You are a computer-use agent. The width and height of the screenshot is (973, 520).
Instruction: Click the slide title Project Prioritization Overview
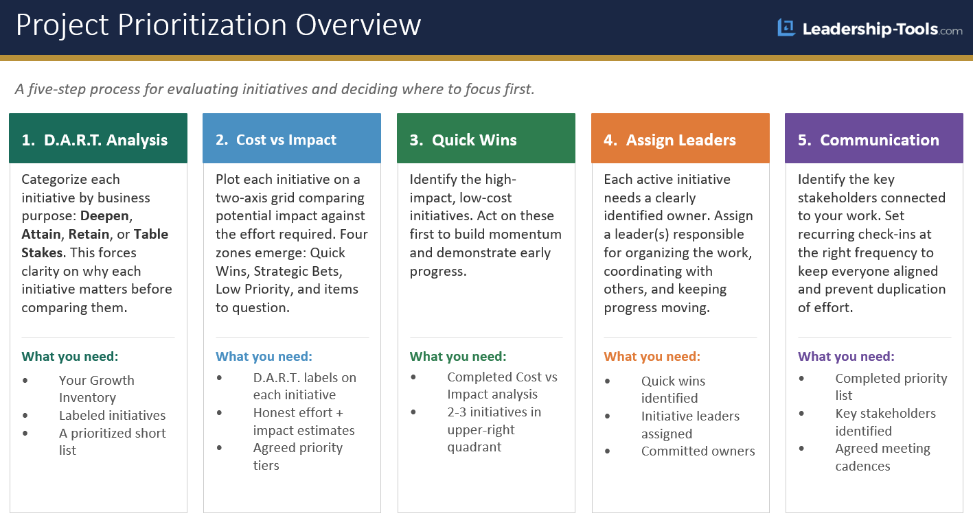click(x=218, y=25)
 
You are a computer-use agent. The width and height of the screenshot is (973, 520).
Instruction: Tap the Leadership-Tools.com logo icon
click(x=786, y=28)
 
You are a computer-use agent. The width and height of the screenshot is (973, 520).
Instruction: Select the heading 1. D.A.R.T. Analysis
click(x=95, y=140)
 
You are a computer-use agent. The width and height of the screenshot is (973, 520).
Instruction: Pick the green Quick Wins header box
click(x=485, y=139)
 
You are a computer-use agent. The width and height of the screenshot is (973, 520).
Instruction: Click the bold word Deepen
click(x=105, y=216)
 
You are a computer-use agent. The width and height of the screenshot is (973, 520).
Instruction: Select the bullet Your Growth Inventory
click(x=97, y=389)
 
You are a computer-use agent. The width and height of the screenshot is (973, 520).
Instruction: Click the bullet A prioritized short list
click(x=112, y=442)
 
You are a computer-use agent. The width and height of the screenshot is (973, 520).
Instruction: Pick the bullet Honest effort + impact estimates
click(x=304, y=421)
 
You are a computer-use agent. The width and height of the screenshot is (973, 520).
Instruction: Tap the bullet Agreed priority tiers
click(x=297, y=456)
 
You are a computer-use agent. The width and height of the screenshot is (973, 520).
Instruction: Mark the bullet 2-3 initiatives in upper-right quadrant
click(x=494, y=429)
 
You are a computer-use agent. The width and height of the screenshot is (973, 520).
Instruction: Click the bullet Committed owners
click(x=698, y=451)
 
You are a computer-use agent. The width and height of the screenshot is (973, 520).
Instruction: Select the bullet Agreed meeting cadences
click(x=882, y=457)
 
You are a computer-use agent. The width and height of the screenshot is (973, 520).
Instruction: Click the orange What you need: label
click(x=652, y=357)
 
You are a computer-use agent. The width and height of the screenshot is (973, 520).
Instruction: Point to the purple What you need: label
click(x=846, y=357)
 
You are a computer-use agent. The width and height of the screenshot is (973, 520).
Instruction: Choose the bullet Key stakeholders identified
click(x=885, y=422)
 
